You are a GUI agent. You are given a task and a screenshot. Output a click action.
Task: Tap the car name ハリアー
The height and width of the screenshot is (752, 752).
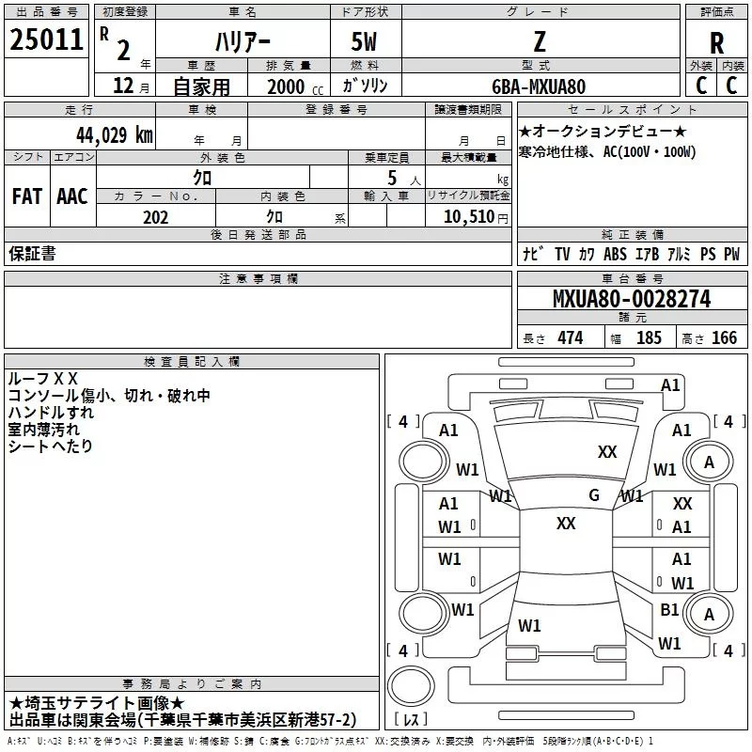[x=243, y=42]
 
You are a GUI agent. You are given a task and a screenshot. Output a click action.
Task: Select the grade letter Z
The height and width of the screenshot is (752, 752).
[x=539, y=42]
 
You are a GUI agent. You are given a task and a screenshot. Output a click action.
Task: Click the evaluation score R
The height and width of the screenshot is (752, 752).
[x=717, y=43]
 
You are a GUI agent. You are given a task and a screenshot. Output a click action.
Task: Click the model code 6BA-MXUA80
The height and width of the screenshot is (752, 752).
[x=539, y=86]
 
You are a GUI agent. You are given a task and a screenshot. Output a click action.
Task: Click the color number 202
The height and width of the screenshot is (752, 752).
[x=155, y=217]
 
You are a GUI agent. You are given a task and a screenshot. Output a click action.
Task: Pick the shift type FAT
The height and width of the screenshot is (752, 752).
[x=27, y=196]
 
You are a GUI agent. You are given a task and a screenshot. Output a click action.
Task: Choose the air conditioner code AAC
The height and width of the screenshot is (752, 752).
[x=72, y=196]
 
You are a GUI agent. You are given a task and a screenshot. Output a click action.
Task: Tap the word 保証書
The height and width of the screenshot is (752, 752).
[x=32, y=253]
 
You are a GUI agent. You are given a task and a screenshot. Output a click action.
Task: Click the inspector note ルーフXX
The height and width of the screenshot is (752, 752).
[x=42, y=379]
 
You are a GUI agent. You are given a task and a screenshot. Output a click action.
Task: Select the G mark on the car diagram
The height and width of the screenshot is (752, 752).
[x=594, y=495]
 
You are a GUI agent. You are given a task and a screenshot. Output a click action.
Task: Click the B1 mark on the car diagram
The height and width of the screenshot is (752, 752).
[x=669, y=609]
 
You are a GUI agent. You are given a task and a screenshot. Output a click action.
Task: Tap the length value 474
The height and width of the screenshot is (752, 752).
[x=570, y=338]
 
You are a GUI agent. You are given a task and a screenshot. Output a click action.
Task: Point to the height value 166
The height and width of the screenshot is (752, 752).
[x=724, y=338]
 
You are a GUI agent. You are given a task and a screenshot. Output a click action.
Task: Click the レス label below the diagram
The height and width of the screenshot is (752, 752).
[x=413, y=721]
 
